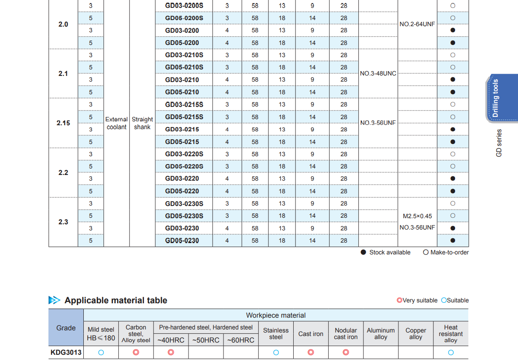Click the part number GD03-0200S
[184, 6]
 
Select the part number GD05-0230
[182, 240]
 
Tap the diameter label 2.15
[63, 123]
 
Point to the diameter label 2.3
[63, 222]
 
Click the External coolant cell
[117, 123]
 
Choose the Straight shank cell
[142, 123]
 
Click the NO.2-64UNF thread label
[417, 24]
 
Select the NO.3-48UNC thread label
[378, 73]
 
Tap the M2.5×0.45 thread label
[417, 216]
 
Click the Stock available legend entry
[385, 252]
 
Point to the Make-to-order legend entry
[446, 252]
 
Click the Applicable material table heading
[116, 300]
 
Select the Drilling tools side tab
[496, 98]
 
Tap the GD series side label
[499, 143]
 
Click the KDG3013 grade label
[66, 352]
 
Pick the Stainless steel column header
[276, 333]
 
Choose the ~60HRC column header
[240, 340]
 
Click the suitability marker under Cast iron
[311, 352]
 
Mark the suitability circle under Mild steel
[101, 352]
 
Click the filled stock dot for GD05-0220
[453, 191]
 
